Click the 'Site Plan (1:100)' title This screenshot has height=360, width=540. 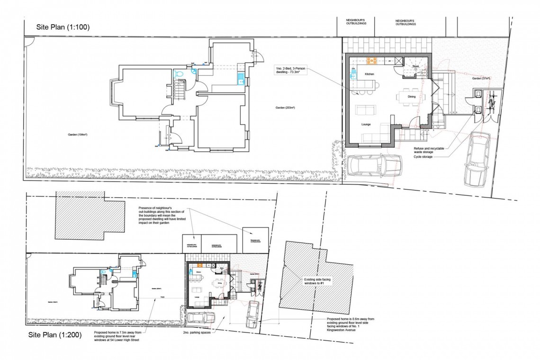point(63,27)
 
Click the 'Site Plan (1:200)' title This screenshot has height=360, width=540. point(54,335)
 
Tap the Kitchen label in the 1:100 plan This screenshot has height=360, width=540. point(369,75)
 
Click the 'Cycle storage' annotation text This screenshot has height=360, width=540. point(423,156)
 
